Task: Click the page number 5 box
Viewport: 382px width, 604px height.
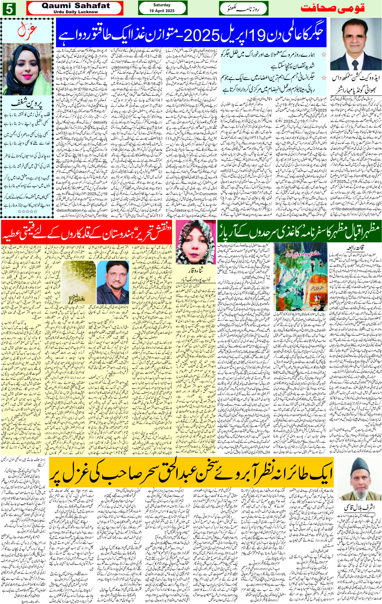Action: coord(9,9)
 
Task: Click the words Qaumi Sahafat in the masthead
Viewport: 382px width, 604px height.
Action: coord(75,6)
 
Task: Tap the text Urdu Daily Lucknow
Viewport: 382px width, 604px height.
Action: coord(75,12)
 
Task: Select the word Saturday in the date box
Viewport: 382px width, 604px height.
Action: coord(162,5)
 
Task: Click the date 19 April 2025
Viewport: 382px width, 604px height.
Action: coord(162,11)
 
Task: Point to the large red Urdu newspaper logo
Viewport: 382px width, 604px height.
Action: coord(332,8)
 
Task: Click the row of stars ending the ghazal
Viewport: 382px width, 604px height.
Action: coord(27,212)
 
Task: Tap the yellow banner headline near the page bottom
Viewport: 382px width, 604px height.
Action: coord(191,473)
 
